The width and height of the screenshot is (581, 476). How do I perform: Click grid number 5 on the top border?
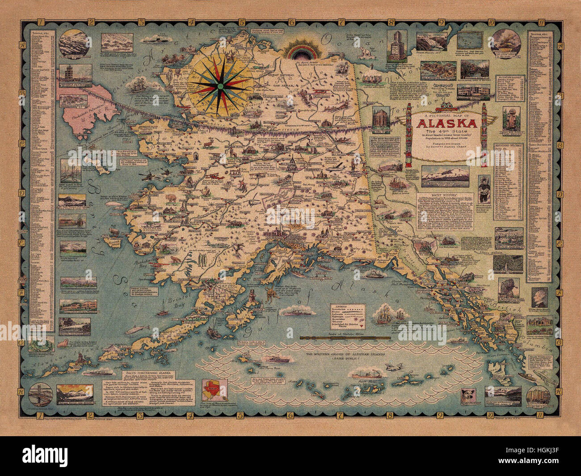(240, 21)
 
